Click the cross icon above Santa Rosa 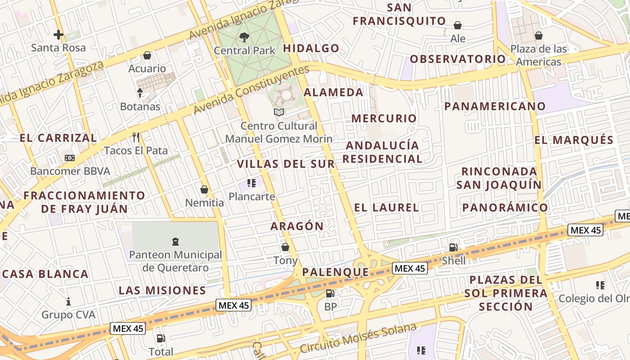(58, 34)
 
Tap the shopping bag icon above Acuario (147, 55)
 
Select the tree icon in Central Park (244, 37)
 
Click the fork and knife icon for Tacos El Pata (136, 136)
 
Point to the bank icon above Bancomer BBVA (70, 158)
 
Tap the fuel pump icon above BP (330, 293)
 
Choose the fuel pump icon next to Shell (453, 247)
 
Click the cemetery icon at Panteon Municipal (175, 242)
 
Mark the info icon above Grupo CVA (68, 301)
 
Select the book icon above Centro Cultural (279, 112)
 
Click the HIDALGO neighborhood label (311, 48)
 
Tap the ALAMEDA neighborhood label (333, 92)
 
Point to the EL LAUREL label (387, 207)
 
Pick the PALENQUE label (336, 272)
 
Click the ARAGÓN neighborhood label (297, 226)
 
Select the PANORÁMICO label (505, 207)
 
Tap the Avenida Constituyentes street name (252, 90)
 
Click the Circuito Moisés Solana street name (358, 338)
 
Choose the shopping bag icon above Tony (285, 247)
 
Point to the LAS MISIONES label (162, 290)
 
